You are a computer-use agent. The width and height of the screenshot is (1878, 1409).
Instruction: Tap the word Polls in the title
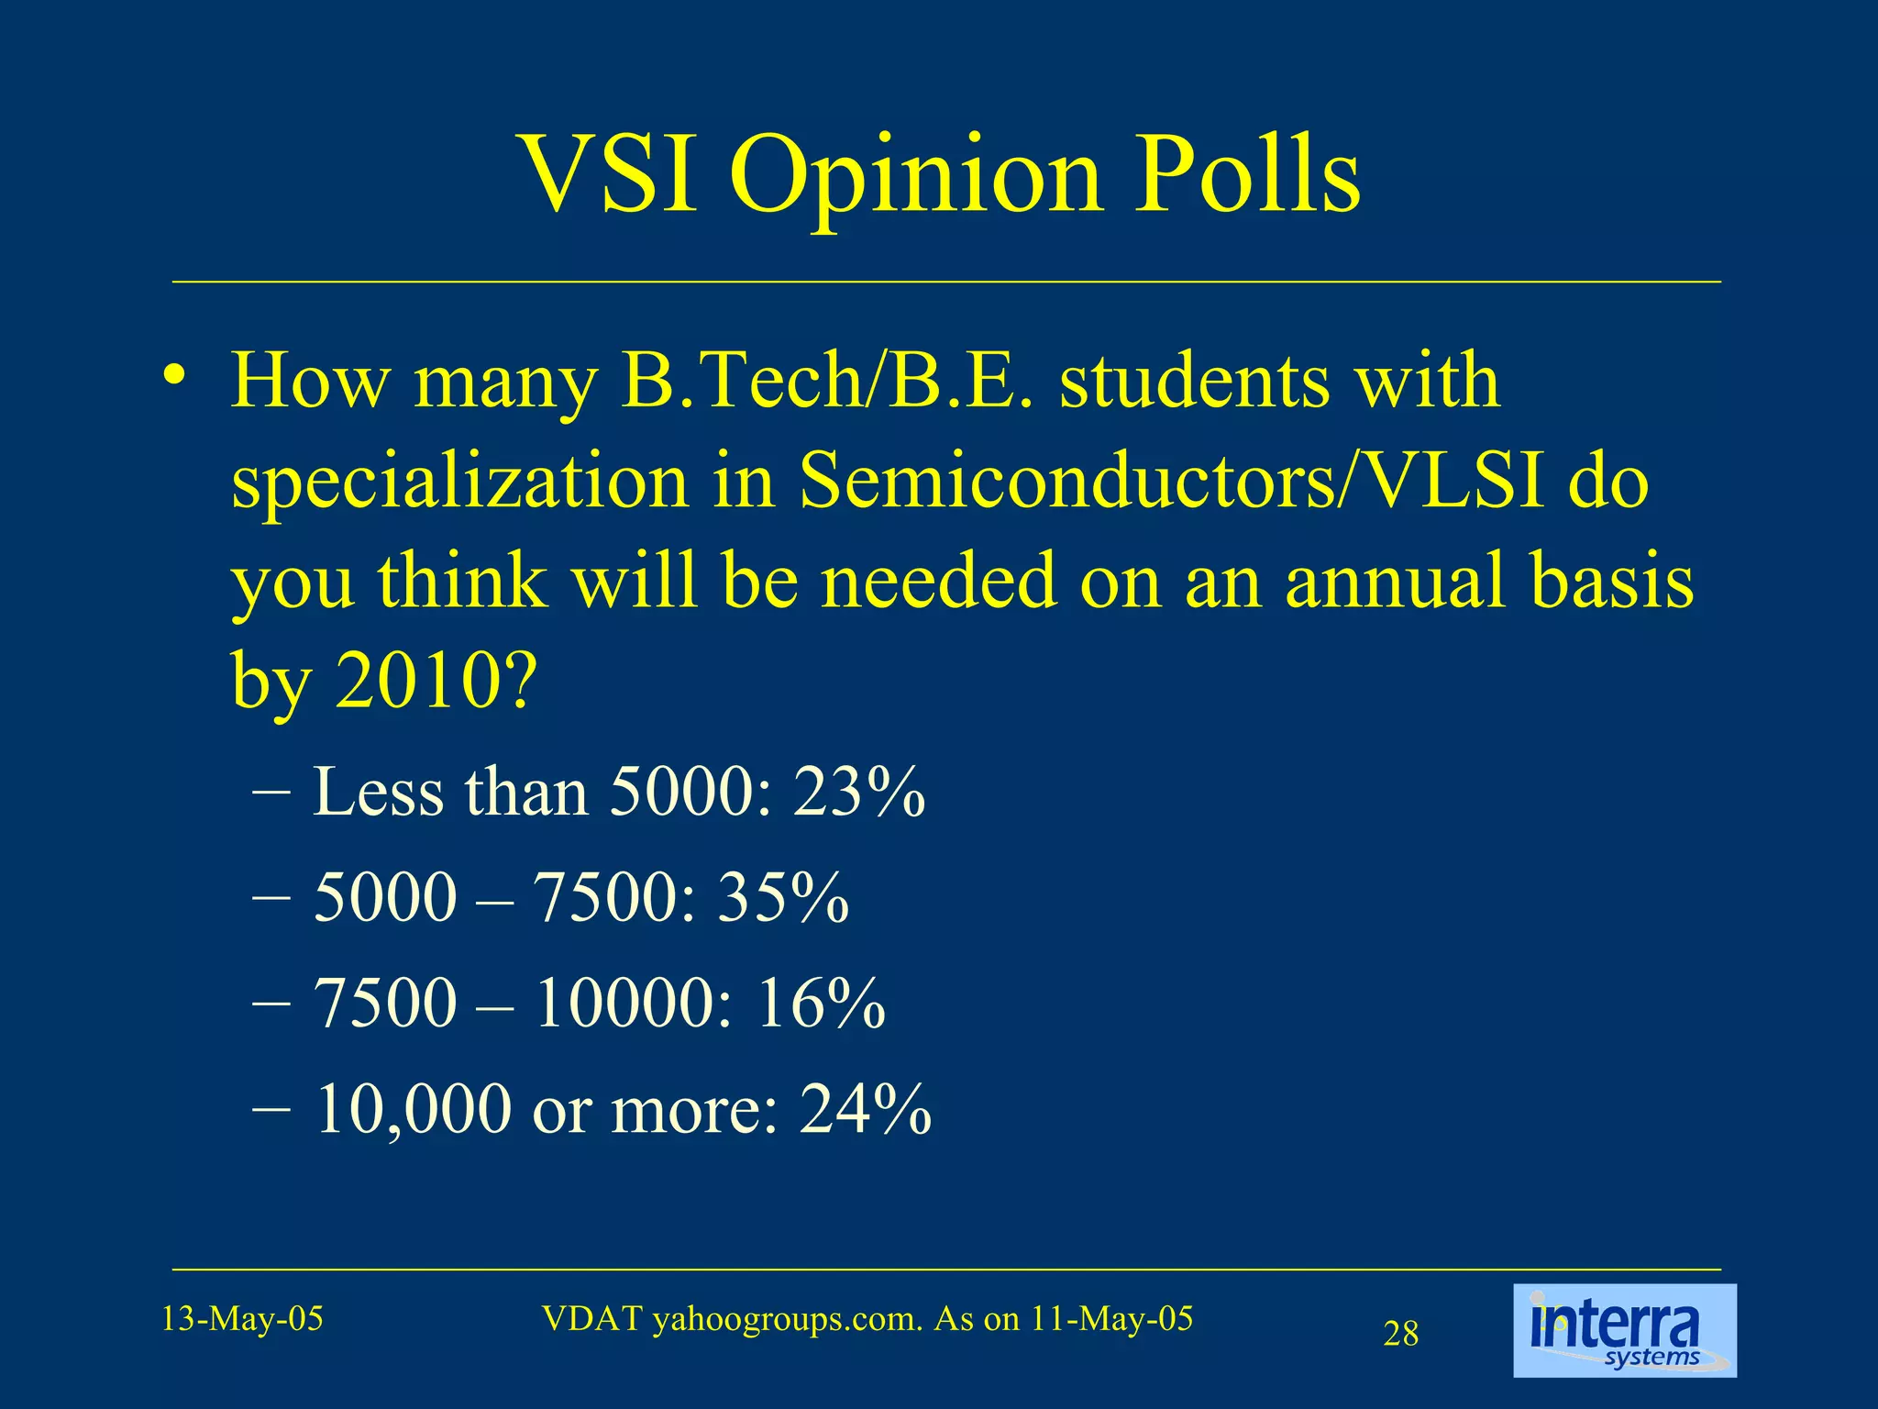1247,174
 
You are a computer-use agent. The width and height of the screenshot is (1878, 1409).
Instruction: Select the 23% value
859,791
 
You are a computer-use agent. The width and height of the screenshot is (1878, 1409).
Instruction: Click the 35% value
783,896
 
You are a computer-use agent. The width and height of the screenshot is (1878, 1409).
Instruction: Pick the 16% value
820,1002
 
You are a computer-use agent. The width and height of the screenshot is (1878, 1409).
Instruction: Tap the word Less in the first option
379,791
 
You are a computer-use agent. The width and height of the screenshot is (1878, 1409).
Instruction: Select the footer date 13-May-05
242,1319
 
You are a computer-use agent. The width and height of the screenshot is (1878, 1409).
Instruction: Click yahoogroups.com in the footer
786,1319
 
